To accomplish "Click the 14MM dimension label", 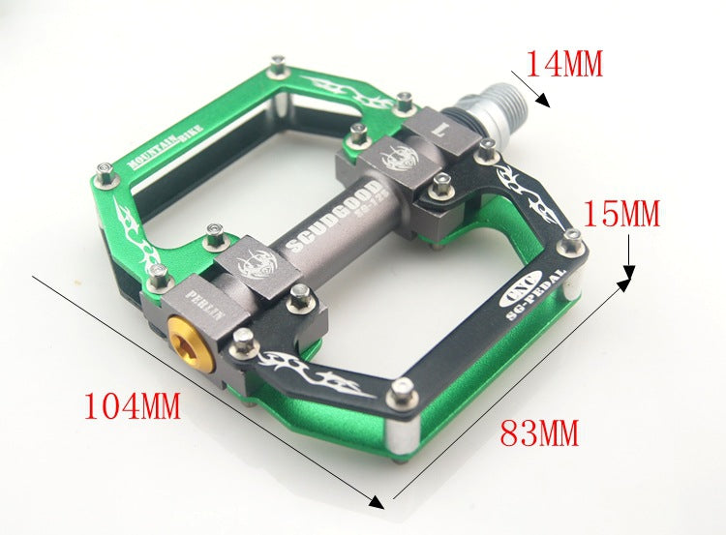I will coord(564,64).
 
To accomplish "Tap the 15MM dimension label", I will coord(621,213).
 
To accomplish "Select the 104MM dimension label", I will coord(133,405).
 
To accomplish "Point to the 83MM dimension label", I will coord(539,431).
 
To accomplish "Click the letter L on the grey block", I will coord(440,127).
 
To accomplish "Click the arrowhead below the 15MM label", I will coord(627,282).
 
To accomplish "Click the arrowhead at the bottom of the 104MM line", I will coord(377,500).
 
